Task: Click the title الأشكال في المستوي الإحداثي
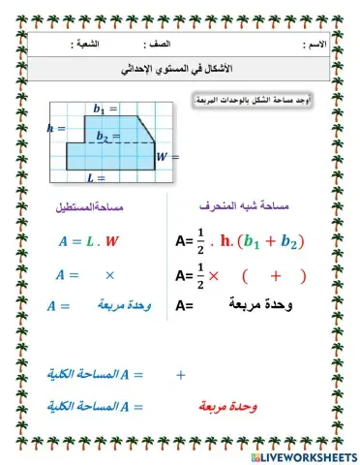[x=180, y=72]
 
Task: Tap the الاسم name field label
[x=315, y=46]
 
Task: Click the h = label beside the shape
[x=55, y=127]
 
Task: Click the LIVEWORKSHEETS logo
[x=303, y=455]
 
